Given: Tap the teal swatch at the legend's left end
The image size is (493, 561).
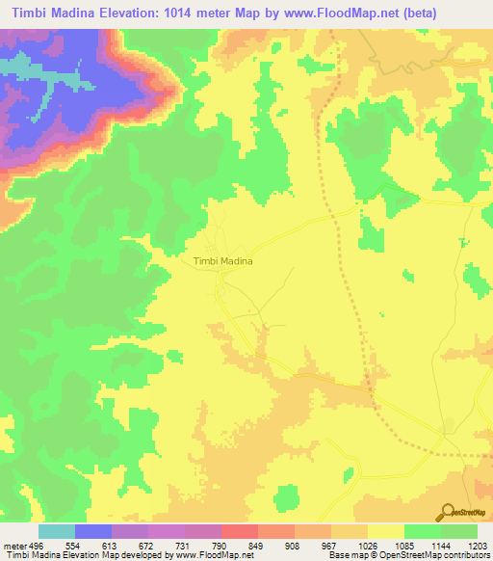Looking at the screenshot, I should (57, 531).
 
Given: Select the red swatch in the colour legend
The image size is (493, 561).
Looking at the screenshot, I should (240, 531).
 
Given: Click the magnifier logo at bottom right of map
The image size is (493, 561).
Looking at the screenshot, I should (447, 513).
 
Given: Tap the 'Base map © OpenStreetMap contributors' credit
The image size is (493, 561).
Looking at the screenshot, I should (406, 555).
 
